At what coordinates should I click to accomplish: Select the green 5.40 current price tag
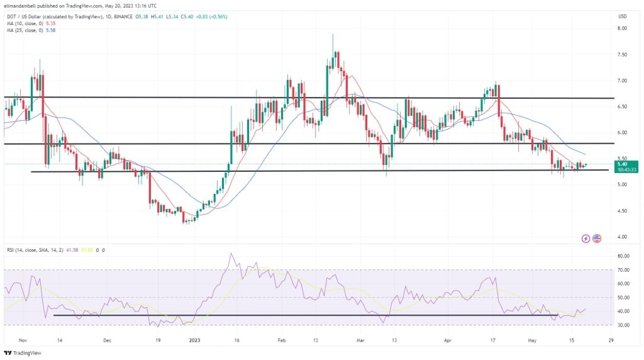[x=623, y=164]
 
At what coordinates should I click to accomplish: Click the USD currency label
[x=623, y=16]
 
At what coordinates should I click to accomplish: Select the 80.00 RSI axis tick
[x=623, y=256]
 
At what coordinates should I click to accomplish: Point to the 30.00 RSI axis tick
[x=623, y=325]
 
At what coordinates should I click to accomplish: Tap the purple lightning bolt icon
[x=586, y=239]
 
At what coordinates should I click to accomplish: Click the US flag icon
[x=597, y=239]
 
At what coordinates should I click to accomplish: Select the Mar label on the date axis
[x=360, y=339]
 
